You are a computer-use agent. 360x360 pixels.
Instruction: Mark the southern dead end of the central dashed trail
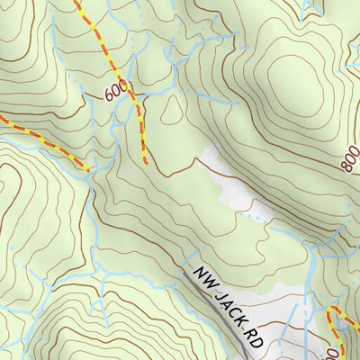tap(145, 163)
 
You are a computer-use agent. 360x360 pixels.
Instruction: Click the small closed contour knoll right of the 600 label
tap(170, 111)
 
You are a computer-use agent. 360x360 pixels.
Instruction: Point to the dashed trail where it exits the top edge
tap(77, 3)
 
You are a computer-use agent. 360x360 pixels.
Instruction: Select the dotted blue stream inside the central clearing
tap(256, 217)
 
